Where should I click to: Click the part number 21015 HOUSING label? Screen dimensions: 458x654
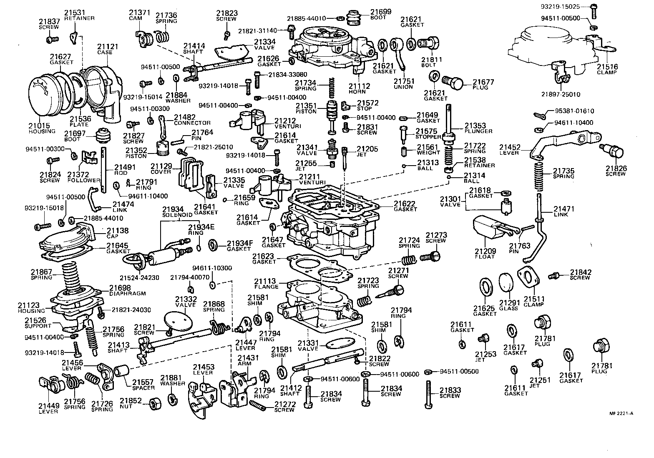[42, 128]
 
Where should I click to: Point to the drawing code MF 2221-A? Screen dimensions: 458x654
[621, 413]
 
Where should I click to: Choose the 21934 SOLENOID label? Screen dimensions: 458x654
[177, 211]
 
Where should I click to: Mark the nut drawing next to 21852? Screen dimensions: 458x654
[156, 403]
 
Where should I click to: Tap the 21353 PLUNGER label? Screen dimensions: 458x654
[478, 128]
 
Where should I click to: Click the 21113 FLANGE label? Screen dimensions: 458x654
[267, 284]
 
